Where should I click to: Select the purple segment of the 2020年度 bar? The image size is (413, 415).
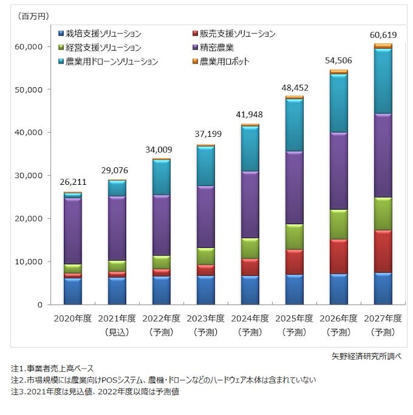coord(72,231)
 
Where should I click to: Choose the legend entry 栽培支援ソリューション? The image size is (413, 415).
coord(100,34)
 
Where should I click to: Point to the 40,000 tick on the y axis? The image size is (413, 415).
coord(33,133)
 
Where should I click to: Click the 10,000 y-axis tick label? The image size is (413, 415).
coord(33,262)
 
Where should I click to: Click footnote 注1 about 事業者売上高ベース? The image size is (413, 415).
coord(52,369)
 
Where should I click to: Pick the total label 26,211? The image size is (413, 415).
coord(72,183)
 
